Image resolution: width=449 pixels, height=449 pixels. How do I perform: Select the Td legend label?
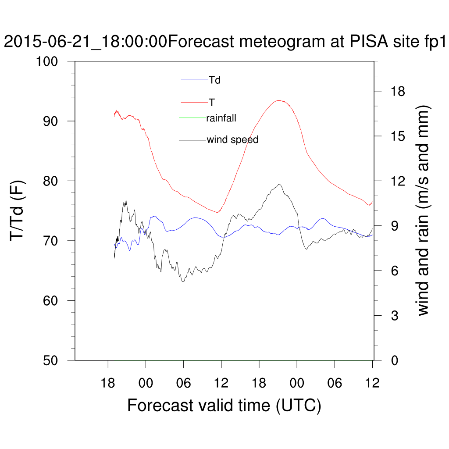[214, 80]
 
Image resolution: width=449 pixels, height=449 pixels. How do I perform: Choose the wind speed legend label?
[232, 140]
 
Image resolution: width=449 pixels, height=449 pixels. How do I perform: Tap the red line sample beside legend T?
[194, 102]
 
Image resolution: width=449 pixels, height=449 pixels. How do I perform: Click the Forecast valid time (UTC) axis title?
[224, 405]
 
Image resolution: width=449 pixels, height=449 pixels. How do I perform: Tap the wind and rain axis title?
[423, 210]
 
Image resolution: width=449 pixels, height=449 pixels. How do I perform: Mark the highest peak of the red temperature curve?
[279, 100]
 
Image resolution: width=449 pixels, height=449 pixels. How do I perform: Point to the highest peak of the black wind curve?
[279, 184]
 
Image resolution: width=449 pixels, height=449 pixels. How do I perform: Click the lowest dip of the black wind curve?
[182, 281]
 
